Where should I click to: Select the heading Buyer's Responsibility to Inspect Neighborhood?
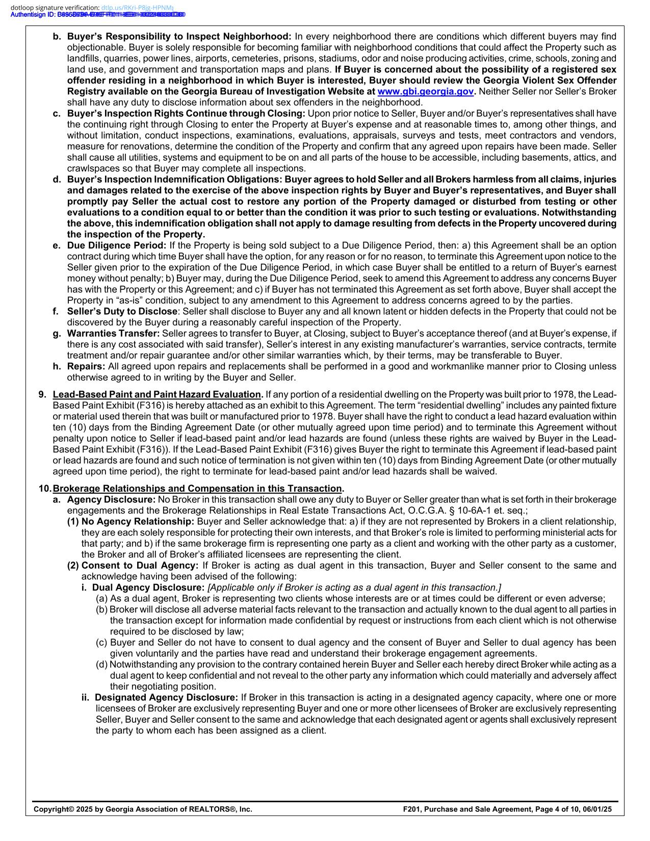179,37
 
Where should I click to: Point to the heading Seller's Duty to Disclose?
122,311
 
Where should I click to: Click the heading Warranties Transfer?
114,334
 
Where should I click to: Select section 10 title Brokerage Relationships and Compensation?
197,489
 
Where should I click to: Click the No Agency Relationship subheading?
138,522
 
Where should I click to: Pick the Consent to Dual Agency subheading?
140,566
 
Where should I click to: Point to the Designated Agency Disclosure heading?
166,698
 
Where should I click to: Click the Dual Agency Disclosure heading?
148,588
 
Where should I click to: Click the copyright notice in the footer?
143,809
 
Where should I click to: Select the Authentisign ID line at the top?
97,14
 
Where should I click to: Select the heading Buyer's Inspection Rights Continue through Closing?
186,114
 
